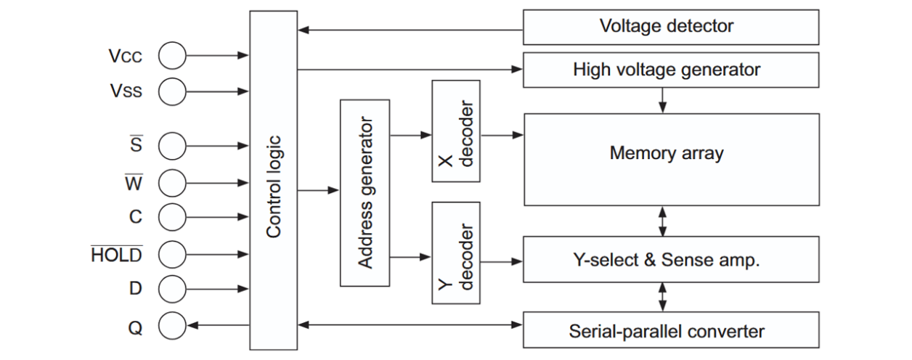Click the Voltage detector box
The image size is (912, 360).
667,28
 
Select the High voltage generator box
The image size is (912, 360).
667,70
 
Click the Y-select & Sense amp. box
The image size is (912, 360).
667,260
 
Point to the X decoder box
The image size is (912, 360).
456,131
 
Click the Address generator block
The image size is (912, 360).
365,192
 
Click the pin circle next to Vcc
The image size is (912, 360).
172,55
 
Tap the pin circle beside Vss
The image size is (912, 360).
172,91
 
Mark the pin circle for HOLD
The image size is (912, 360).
172,254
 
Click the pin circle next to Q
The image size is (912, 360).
172,326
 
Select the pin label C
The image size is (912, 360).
136,217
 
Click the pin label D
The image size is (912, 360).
136,288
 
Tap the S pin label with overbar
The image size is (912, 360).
136,145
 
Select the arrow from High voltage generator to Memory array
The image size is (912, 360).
662,99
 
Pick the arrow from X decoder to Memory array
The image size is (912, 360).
501,135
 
